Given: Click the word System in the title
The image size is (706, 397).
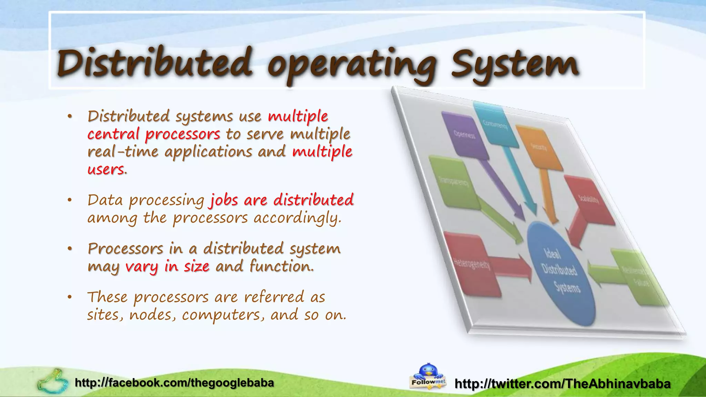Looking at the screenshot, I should point(515,64).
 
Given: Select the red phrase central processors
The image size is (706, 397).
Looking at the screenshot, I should point(153,134).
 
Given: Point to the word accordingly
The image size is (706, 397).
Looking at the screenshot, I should point(297,218).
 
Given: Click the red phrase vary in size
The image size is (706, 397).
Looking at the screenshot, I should point(167,266).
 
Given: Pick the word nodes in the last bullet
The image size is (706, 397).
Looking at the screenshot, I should point(150,315).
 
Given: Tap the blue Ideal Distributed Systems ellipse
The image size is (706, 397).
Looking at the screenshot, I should point(561,273).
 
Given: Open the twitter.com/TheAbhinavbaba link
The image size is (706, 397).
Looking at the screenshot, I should point(563,384).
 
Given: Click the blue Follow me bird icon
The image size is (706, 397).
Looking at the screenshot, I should point(428,376).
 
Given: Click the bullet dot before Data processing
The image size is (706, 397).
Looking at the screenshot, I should point(70,200).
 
